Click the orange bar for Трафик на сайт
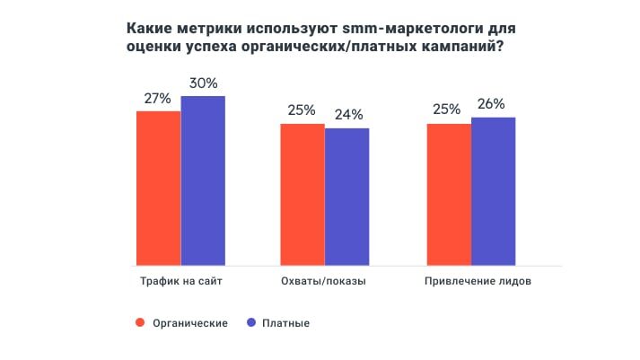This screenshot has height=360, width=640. click(158, 188)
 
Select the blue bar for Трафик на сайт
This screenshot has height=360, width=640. click(203, 180)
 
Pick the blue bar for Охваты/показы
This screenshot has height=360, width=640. click(346, 197)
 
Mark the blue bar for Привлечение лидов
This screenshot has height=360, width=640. click(493, 191)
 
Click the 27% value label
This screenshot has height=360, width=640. click(157, 98)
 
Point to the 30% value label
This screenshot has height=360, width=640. click(203, 83)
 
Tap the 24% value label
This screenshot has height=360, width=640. click(346, 115)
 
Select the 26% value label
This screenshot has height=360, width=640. click(492, 103)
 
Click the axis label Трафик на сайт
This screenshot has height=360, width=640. click(180, 281)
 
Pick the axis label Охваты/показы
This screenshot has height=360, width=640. click(324, 281)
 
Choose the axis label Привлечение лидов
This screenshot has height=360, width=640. click(470, 281)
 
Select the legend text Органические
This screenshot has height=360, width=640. click(188, 323)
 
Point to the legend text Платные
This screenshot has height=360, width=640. click(286, 323)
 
